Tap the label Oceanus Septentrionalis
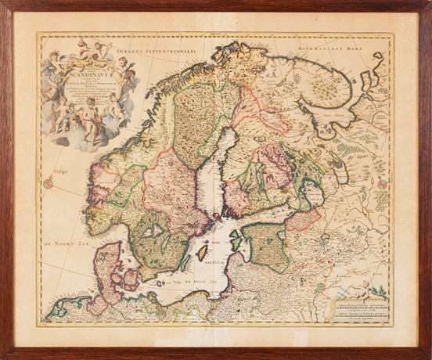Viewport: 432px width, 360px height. tap(152, 49)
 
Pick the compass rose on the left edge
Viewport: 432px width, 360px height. tap(49, 183)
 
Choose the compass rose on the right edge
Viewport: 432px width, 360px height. tap(383, 182)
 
